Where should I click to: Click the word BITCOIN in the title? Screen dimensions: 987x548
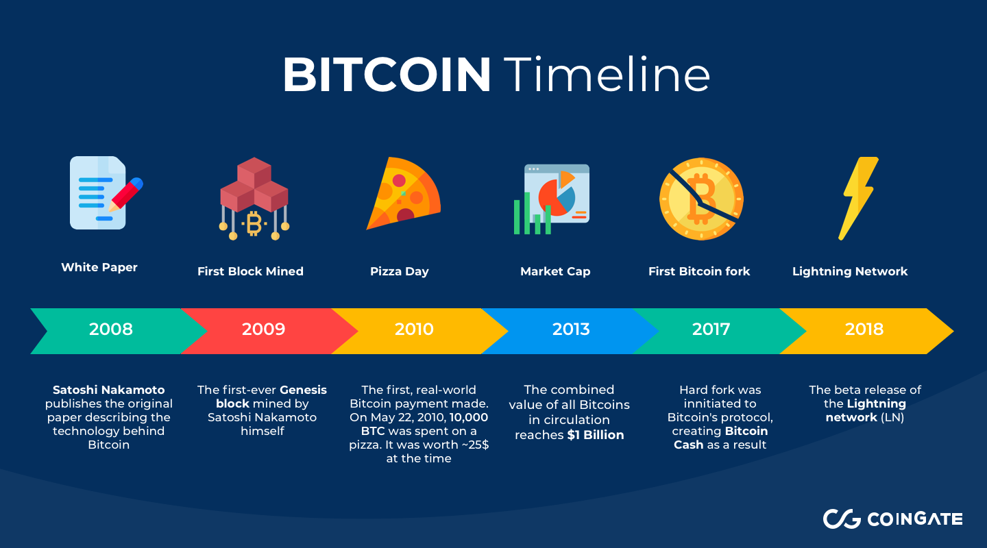pyautogui.click(x=387, y=75)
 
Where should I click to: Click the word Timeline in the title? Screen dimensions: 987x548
pyautogui.click(x=607, y=73)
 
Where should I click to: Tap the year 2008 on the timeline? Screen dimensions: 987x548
pyautogui.click(x=110, y=329)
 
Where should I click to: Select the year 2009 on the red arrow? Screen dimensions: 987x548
pyautogui.click(x=263, y=329)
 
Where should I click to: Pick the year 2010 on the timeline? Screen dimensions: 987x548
pyautogui.click(x=414, y=329)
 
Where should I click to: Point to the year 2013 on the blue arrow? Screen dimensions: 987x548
pyautogui.click(x=571, y=329)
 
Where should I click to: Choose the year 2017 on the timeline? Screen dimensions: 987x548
pyautogui.click(x=711, y=329)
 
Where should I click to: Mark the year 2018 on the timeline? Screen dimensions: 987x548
pyautogui.click(x=864, y=329)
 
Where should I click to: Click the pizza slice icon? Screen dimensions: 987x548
pyautogui.click(x=403, y=193)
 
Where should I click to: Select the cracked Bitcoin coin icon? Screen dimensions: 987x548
pyautogui.click(x=701, y=199)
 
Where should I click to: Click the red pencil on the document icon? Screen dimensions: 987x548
pyautogui.click(x=126, y=194)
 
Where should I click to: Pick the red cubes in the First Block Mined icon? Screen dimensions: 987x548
pyautogui.click(x=254, y=184)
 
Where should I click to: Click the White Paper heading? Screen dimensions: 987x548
pyautogui.click(x=99, y=267)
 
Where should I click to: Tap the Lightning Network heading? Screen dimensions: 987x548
pyautogui.click(x=850, y=271)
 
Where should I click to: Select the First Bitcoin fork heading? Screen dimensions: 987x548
pyautogui.click(x=699, y=271)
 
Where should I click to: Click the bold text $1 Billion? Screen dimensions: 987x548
pyautogui.click(x=595, y=435)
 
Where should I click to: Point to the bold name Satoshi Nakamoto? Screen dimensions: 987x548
pyautogui.click(x=109, y=390)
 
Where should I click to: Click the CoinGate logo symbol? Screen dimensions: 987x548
pyautogui.click(x=842, y=519)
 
